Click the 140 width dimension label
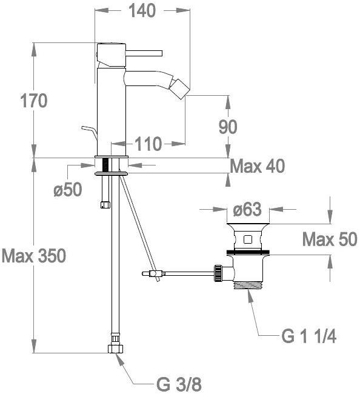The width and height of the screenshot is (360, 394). click(142, 11)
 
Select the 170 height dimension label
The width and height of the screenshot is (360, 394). click(34, 101)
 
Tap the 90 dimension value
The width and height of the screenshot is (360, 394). click(228, 127)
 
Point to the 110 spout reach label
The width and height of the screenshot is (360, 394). click(148, 144)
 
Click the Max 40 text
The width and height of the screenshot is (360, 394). click(258, 166)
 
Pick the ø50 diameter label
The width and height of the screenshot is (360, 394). click(68, 189)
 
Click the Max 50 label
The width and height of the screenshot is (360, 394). click(330, 239)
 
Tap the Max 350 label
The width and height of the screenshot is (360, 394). click(34, 256)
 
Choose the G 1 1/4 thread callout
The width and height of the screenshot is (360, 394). click(308, 336)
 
